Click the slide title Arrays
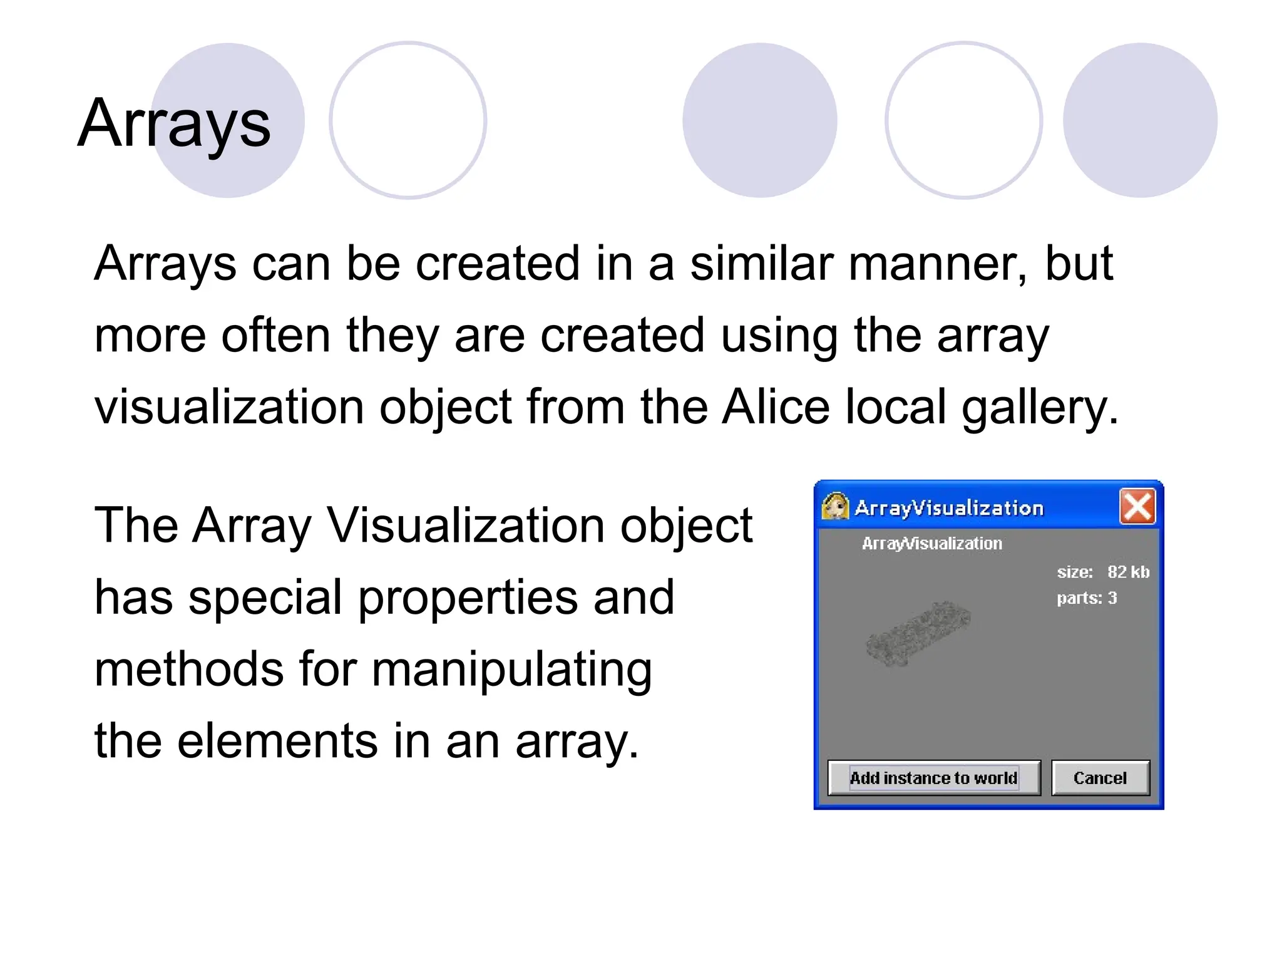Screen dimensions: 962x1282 pos(174,123)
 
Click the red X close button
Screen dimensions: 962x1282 pos(1137,507)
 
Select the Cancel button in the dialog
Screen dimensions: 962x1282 pos(1100,778)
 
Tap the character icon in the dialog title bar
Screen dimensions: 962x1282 pos(835,507)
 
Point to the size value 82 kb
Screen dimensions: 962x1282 pos(1128,572)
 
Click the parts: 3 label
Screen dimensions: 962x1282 pos(1087,598)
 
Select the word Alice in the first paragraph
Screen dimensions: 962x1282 pos(776,407)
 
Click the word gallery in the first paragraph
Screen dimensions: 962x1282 pos(1039,408)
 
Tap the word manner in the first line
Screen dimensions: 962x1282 pos(937,264)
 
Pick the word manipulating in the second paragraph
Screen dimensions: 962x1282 pos(512,670)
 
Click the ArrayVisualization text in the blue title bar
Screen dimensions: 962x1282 pos(949,508)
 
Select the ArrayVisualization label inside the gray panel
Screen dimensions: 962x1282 pos(931,544)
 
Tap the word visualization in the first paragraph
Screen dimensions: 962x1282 pos(229,407)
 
